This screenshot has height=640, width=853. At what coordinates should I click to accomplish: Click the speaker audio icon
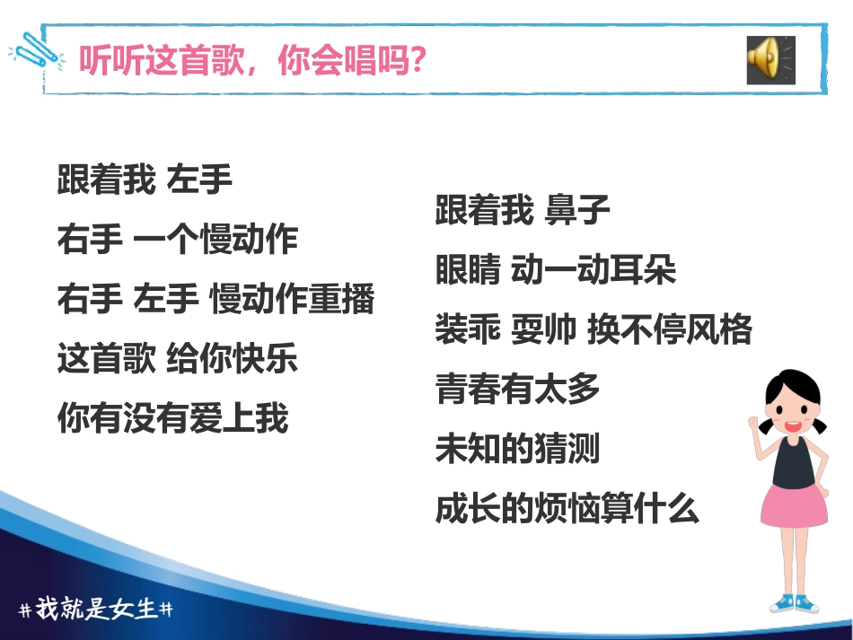769,61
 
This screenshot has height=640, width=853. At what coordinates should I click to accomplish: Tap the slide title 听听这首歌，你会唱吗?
252,62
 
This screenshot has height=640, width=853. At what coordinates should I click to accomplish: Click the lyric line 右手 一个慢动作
177,240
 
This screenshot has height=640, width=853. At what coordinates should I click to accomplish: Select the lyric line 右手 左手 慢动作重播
215,299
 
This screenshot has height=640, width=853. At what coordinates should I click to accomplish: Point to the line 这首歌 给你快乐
177,358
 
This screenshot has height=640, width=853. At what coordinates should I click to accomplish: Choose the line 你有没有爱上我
172,417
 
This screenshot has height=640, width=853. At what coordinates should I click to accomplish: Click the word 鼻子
578,211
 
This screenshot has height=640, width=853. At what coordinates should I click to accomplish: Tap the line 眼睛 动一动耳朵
556,270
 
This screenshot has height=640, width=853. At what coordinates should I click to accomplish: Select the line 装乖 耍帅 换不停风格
594,329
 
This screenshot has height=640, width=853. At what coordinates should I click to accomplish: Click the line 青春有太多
518,389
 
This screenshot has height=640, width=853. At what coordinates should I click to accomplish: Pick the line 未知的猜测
518,448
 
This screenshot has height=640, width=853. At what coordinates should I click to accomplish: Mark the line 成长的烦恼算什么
567,508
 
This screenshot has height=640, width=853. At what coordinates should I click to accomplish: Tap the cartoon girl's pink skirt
794,507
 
